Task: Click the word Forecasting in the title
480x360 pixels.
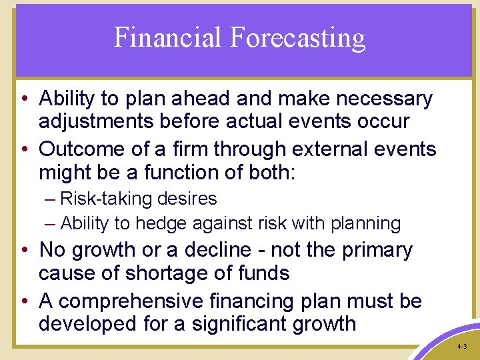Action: coord(297,39)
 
